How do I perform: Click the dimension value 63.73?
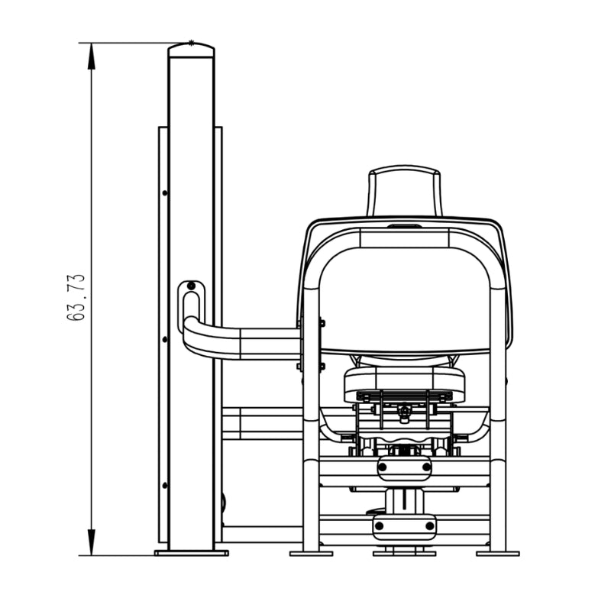pos(76,297)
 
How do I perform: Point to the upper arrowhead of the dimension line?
pos(92,56)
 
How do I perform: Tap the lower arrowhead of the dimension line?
pos(92,542)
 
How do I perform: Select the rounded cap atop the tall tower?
pos(192,50)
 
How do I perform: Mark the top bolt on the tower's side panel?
pos(165,193)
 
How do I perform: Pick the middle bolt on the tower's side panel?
pos(165,339)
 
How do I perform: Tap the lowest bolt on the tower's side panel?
pos(165,486)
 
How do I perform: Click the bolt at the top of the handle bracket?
pos(191,286)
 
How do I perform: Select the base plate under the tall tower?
pos(192,553)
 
